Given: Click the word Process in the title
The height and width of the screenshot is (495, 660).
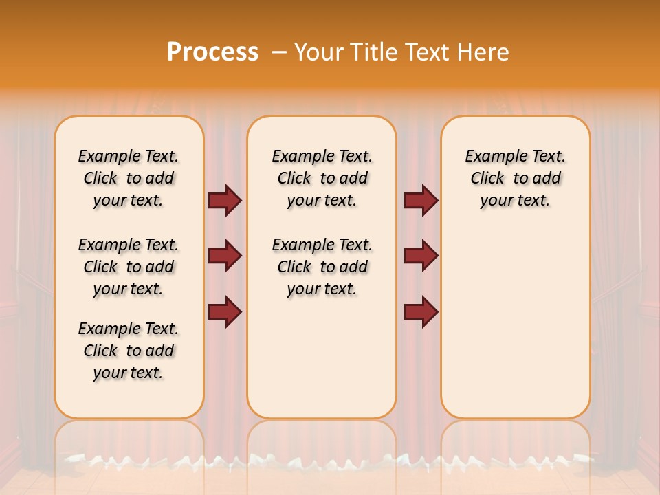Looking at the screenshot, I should tap(212, 52).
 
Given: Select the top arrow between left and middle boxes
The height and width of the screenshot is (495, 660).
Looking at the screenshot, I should tap(225, 200).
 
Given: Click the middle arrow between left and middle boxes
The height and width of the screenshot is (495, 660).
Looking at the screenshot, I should tap(225, 256).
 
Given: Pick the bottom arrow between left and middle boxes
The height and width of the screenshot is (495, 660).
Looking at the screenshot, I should tap(225, 311).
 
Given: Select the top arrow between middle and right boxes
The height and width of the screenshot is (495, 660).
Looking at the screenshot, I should tap(421, 200).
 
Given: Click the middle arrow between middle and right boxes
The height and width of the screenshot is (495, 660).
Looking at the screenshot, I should tap(421, 256).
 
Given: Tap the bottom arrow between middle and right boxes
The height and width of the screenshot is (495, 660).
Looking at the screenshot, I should tap(421, 311).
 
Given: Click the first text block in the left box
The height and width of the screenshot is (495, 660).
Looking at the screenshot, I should tap(129, 178).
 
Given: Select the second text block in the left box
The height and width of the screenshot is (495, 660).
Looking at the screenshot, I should tap(129, 267).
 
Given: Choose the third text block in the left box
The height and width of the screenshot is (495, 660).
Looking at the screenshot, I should tap(129, 351).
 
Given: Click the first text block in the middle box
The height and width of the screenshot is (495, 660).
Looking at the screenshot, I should tap(322, 178).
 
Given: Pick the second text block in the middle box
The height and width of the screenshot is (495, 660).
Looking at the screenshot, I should tap(322, 267).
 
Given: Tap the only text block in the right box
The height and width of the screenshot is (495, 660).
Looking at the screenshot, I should tap(515, 178).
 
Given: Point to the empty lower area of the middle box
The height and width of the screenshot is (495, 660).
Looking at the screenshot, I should tap(322, 357).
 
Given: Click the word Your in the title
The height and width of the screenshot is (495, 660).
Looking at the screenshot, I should tap(316, 52).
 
